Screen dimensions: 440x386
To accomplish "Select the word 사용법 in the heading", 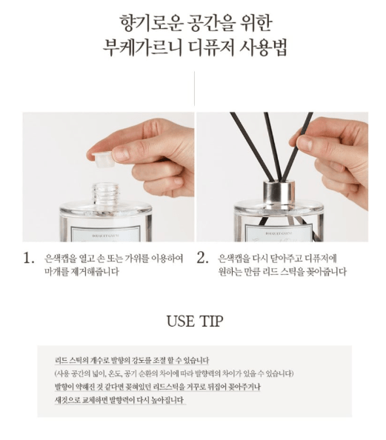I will coord(263,47).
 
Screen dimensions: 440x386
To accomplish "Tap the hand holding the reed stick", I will coord(333,159).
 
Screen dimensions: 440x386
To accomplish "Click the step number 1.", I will coord(29,259).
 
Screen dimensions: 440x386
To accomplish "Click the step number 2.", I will coord(202,259).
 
